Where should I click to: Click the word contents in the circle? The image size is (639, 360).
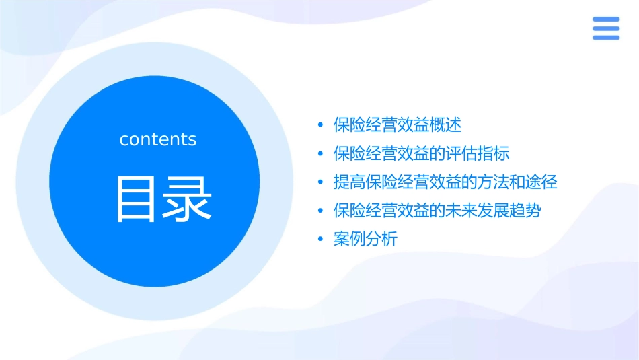(158, 139)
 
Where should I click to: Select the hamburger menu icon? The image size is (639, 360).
(606, 28)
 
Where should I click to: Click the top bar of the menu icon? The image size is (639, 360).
(606, 19)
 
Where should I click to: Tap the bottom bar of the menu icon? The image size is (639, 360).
(606, 38)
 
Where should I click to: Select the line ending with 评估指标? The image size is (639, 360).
(422, 153)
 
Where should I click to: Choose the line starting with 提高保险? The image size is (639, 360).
(445, 182)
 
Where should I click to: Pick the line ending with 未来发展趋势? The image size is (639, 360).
(437, 211)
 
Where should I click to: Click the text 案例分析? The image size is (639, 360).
(365, 239)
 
